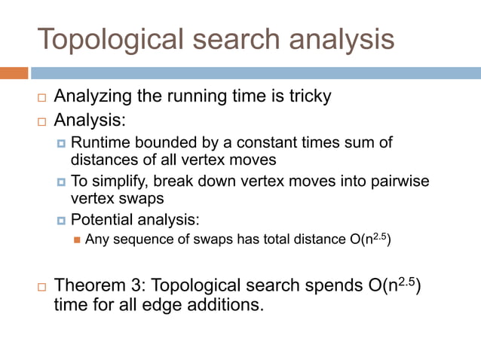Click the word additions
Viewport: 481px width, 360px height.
click(225, 307)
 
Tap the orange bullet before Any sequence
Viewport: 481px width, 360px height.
click(77, 241)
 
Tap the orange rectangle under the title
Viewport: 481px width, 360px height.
click(14, 73)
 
